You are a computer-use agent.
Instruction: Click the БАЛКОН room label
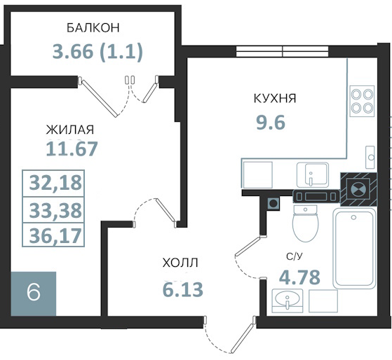(x=93, y=28)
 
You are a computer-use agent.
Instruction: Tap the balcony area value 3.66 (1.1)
(x=97, y=52)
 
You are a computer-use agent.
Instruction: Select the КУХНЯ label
(x=275, y=98)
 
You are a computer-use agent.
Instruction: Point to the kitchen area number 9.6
(x=271, y=123)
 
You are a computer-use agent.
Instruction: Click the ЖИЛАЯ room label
(x=70, y=130)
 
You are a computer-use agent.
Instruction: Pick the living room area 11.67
(x=72, y=149)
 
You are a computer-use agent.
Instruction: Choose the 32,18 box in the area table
(x=53, y=184)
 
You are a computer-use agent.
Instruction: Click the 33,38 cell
(x=53, y=209)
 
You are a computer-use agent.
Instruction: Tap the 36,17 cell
(x=53, y=235)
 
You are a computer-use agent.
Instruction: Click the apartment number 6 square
(x=33, y=293)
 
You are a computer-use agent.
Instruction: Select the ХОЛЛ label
(x=180, y=263)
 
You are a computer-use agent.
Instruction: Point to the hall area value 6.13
(x=183, y=289)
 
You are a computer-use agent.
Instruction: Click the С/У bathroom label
(x=295, y=256)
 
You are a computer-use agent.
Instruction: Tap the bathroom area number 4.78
(x=299, y=277)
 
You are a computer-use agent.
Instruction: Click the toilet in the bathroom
(x=306, y=223)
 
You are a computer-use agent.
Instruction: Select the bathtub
(x=354, y=249)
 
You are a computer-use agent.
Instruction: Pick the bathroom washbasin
(x=288, y=301)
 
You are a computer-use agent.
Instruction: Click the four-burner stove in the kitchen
(x=362, y=101)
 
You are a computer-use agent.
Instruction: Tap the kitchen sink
(x=313, y=175)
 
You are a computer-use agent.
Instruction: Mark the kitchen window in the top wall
(x=282, y=52)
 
